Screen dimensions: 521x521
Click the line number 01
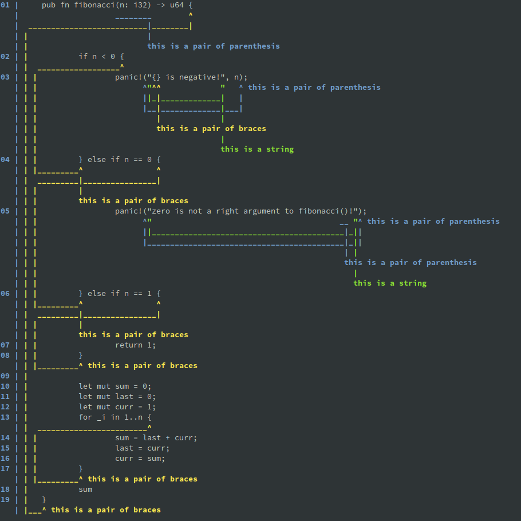click(5, 5)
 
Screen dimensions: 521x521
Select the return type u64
click(177, 5)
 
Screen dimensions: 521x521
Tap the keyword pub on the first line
click(49, 5)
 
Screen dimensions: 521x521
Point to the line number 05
click(5, 211)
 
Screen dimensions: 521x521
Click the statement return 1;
click(136, 345)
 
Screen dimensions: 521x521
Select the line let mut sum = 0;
click(115, 386)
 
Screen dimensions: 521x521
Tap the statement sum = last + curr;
click(156, 437)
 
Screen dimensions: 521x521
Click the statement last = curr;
click(143, 448)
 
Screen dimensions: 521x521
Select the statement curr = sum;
click(140, 458)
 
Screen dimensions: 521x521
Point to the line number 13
click(5, 417)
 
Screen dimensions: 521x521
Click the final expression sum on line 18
click(85, 489)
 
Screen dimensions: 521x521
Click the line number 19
click(5, 499)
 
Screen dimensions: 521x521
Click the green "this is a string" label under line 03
click(257, 149)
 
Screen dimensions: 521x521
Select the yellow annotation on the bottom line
click(106, 510)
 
